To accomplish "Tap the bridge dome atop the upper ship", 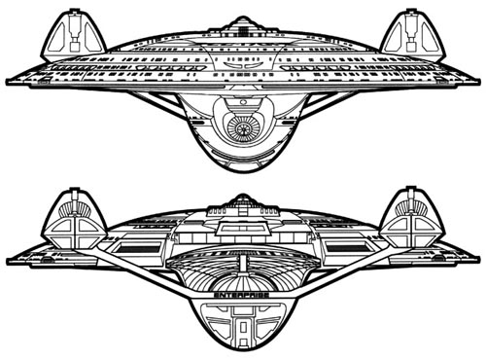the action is click(243, 20).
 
